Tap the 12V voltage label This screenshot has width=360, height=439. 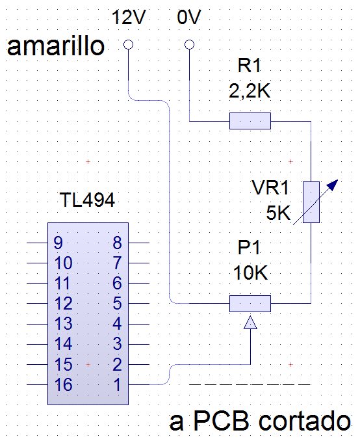pyautogui.click(x=129, y=17)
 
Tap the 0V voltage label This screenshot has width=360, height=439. pyautogui.click(x=189, y=17)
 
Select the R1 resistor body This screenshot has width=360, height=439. pyautogui.click(x=250, y=121)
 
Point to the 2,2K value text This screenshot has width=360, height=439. pyautogui.click(x=250, y=91)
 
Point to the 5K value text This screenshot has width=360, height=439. pyautogui.click(x=279, y=213)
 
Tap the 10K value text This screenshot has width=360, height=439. pyautogui.click(x=250, y=273)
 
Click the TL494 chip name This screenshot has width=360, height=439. pyautogui.click(x=88, y=200)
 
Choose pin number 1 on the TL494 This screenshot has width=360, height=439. pyautogui.click(x=118, y=384)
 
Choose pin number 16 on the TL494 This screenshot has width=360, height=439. pyautogui.click(x=64, y=384)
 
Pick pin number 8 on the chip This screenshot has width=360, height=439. pyautogui.click(x=117, y=243)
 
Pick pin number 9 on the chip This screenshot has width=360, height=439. pyautogui.click(x=58, y=243)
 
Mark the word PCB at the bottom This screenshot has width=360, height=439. pyautogui.click(x=221, y=421)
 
